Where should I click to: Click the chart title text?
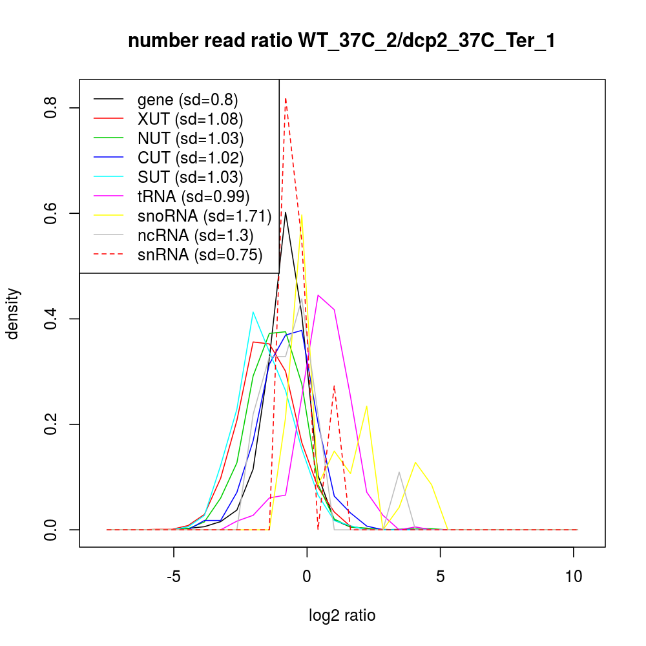pos(342,41)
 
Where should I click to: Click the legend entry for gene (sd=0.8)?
pos(187,99)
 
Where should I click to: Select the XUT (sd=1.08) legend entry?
pos(190,119)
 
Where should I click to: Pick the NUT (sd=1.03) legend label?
pos(190,138)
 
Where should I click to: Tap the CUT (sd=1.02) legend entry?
pos(190,158)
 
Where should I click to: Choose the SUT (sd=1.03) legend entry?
pos(190,177)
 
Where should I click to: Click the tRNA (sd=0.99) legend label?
pos(193,196)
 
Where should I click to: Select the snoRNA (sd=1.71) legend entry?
pos(204,216)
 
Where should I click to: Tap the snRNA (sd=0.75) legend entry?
pos(200,255)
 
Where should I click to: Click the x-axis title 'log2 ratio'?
pos(342,616)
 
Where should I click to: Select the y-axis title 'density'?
pos(14,313)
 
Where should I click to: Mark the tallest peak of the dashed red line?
pos(286,99)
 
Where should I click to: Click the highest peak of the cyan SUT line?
pos(253,312)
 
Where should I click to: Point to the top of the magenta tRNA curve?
pos(318,295)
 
